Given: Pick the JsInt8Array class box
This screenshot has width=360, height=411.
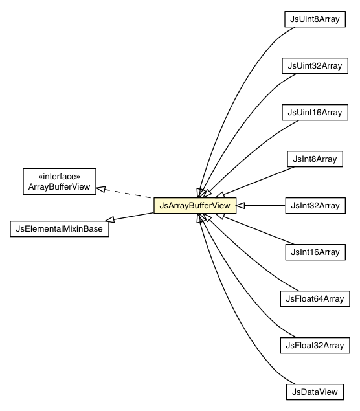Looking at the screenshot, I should (x=315, y=159).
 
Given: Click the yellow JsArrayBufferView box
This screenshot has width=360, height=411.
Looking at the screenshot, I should (x=194, y=206).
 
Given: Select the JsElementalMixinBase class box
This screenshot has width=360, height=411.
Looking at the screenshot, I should (x=60, y=228).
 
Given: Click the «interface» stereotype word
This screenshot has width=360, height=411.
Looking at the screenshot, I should (x=60, y=175).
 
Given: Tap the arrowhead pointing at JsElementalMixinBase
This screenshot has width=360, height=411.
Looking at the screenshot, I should (x=111, y=220).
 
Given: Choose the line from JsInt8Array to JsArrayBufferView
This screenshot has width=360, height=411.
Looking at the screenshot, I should (x=256, y=178).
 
